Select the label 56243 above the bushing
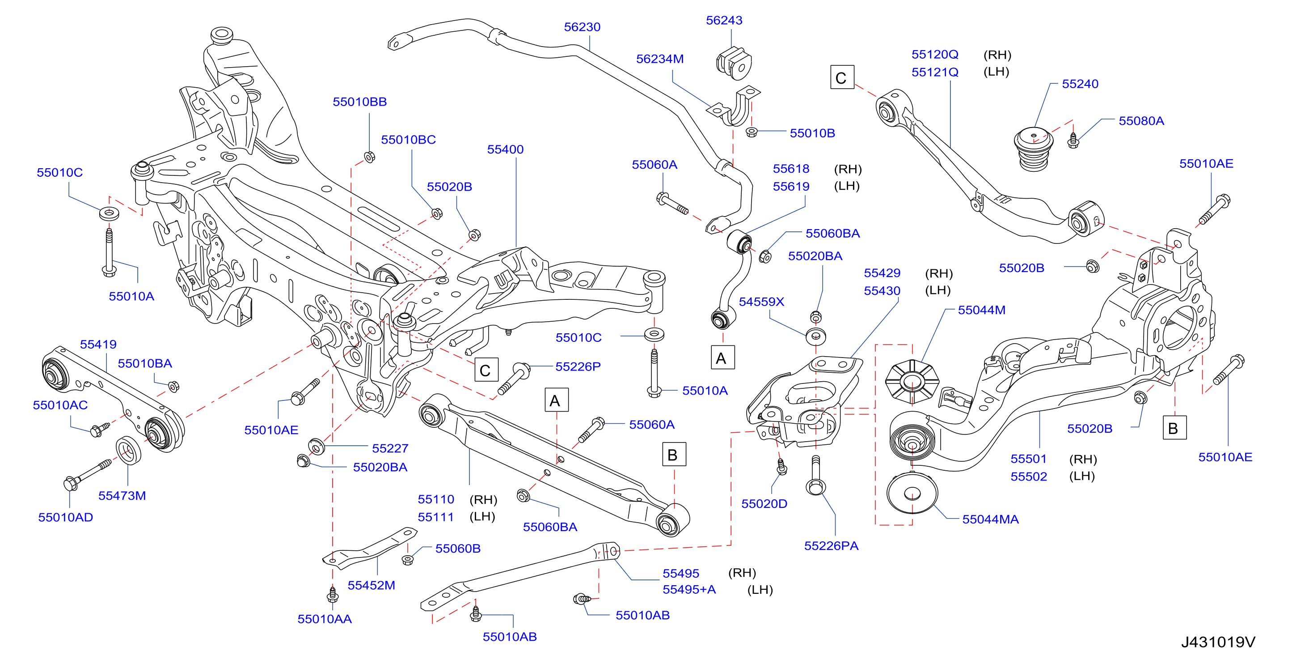(724, 20)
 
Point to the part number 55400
(505, 149)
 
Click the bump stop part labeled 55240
(1034, 149)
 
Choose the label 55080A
(1141, 121)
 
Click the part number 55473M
(122, 496)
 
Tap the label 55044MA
(990, 519)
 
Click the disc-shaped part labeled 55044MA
(912, 493)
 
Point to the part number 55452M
(371, 586)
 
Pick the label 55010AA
(324, 619)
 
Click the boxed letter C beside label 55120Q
(842, 77)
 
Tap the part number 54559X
(761, 302)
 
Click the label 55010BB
(360, 102)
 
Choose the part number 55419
(98, 345)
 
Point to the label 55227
(390, 448)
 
